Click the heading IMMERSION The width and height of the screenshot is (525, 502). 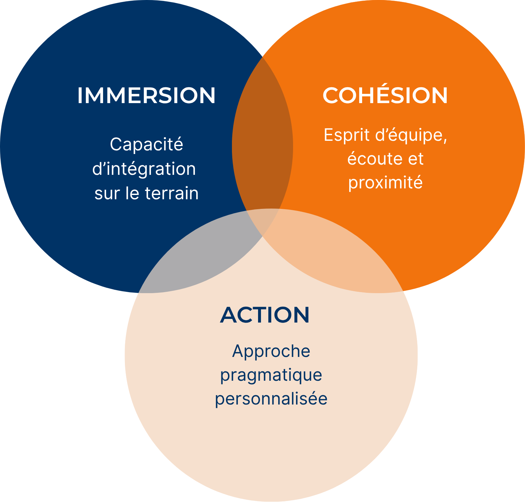[x=146, y=96]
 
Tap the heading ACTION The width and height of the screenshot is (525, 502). [x=265, y=315]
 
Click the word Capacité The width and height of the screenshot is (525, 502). [x=146, y=144]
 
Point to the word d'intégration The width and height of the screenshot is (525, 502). [x=144, y=169]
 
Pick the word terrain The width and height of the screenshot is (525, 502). [x=171, y=193]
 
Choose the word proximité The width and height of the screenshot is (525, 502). [x=385, y=183]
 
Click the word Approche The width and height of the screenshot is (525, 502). [x=271, y=351]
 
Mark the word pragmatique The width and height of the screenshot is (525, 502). [x=271, y=375]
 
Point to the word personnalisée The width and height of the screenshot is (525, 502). [x=271, y=399]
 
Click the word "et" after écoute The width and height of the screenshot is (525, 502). [x=416, y=159]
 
